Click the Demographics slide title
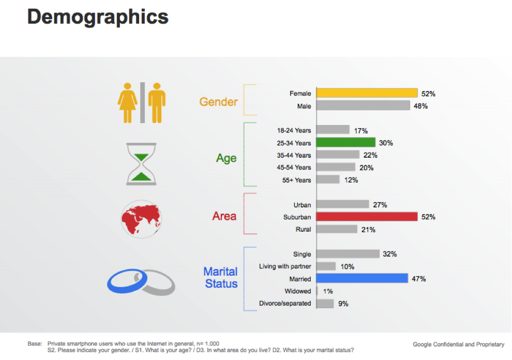click(x=98, y=17)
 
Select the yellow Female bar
click(x=366, y=93)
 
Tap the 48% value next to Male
click(x=420, y=106)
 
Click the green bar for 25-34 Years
click(x=345, y=143)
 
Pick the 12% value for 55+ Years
click(x=351, y=180)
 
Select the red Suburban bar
click(x=366, y=217)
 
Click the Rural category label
click(x=303, y=229)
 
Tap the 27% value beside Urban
click(x=380, y=205)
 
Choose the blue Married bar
click(x=362, y=279)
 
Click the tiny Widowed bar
click(x=317, y=291)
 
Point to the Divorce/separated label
click(x=285, y=304)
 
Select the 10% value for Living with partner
click(x=347, y=266)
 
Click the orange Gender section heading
click(x=218, y=101)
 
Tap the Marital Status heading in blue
click(x=221, y=277)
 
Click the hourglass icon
click(x=141, y=164)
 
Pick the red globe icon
click(x=139, y=219)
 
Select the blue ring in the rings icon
click(x=122, y=281)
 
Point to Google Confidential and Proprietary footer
click(x=458, y=344)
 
